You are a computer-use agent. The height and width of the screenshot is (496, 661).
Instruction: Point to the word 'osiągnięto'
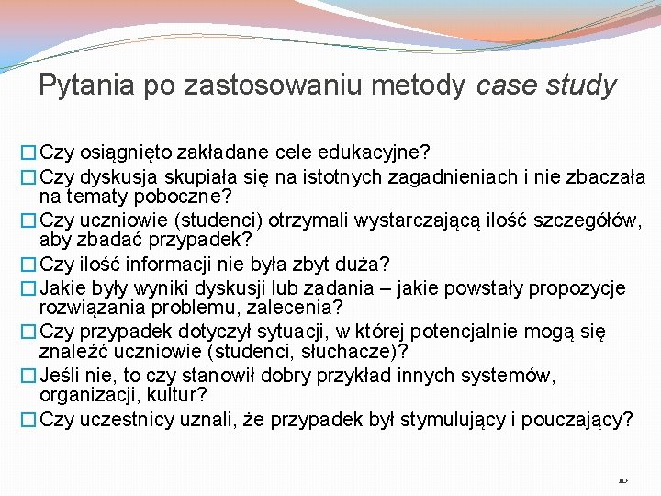(127, 150)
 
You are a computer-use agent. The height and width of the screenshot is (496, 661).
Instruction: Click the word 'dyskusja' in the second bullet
(120, 176)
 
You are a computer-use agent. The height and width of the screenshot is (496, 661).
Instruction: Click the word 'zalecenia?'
(303, 308)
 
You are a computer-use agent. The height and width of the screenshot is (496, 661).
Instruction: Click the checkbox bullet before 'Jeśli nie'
(30, 376)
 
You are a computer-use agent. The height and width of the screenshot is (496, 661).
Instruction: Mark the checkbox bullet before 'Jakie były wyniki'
(30, 288)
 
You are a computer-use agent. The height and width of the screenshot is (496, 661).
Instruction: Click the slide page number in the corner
(623, 479)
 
